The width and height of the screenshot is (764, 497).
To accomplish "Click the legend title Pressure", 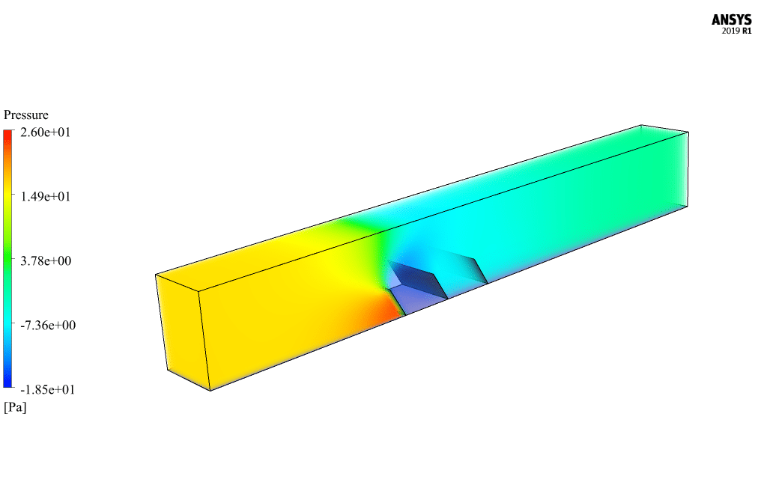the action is coord(25,115).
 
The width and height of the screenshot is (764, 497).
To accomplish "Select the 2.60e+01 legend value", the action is coord(45,132).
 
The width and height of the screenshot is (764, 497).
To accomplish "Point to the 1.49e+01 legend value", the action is coord(45,197).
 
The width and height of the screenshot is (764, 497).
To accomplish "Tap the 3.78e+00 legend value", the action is coord(45,261).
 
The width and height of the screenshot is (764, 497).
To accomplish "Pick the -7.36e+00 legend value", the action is coord(48,325).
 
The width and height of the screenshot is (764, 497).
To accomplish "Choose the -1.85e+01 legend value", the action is coord(47,389).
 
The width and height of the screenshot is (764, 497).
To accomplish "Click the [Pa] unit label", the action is coord(15,407).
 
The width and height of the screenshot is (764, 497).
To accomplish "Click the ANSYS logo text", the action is coord(731,20).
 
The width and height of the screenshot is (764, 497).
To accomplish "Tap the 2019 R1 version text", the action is coord(736,31).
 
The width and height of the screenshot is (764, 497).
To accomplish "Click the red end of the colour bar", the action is coord(7,133).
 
